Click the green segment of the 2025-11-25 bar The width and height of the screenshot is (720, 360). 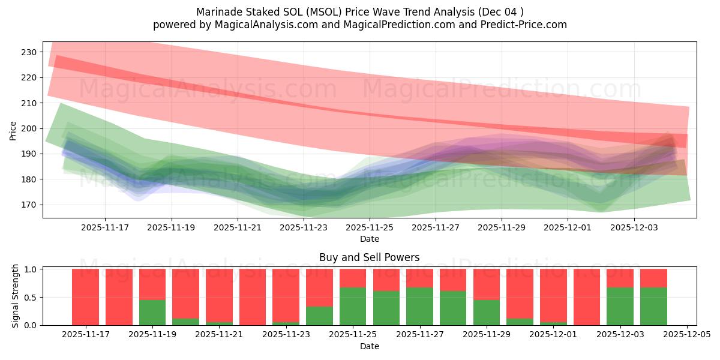click(353, 306)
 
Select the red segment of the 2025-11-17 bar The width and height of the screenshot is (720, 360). click(85, 297)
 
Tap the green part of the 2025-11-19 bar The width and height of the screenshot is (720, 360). click(152, 312)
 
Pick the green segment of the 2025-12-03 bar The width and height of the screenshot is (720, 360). click(620, 306)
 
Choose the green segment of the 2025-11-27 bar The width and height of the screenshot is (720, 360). click(419, 306)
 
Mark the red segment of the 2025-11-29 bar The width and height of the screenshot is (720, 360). click(487, 283)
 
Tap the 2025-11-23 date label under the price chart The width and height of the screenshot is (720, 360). click(304, 228)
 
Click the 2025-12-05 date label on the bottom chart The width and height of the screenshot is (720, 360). click(686, 334)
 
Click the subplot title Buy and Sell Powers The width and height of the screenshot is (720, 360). click(369, 257)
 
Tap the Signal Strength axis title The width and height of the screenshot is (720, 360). click(16, 296)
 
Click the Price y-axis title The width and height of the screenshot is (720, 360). click(13, 130)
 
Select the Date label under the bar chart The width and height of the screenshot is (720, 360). click(369, 346)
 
